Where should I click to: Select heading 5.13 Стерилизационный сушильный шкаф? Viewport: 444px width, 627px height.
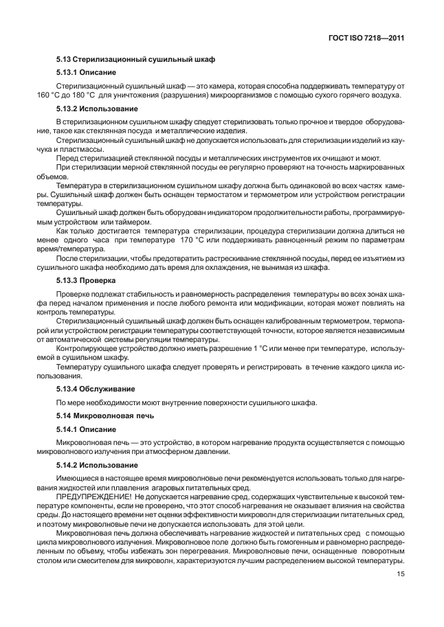pos(118,60)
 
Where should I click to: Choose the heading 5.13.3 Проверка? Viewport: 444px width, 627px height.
pos(85,280)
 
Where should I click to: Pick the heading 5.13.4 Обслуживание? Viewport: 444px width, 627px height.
pos(94,389)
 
